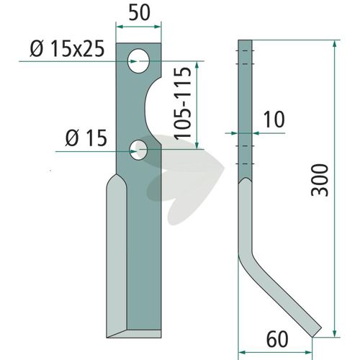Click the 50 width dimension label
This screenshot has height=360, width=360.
[140, 13]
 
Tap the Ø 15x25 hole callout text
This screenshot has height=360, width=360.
[68, 49]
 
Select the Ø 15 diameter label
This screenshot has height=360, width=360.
[86, 138]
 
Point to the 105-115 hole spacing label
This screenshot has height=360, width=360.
[183, 104]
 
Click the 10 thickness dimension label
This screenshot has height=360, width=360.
[274, 120]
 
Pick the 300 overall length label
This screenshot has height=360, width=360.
[320, 180]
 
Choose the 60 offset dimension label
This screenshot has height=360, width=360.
[277, 339]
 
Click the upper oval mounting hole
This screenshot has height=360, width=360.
[138, 61]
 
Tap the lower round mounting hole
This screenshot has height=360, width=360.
[139, 150]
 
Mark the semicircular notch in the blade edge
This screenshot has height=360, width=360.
[151, 111]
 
